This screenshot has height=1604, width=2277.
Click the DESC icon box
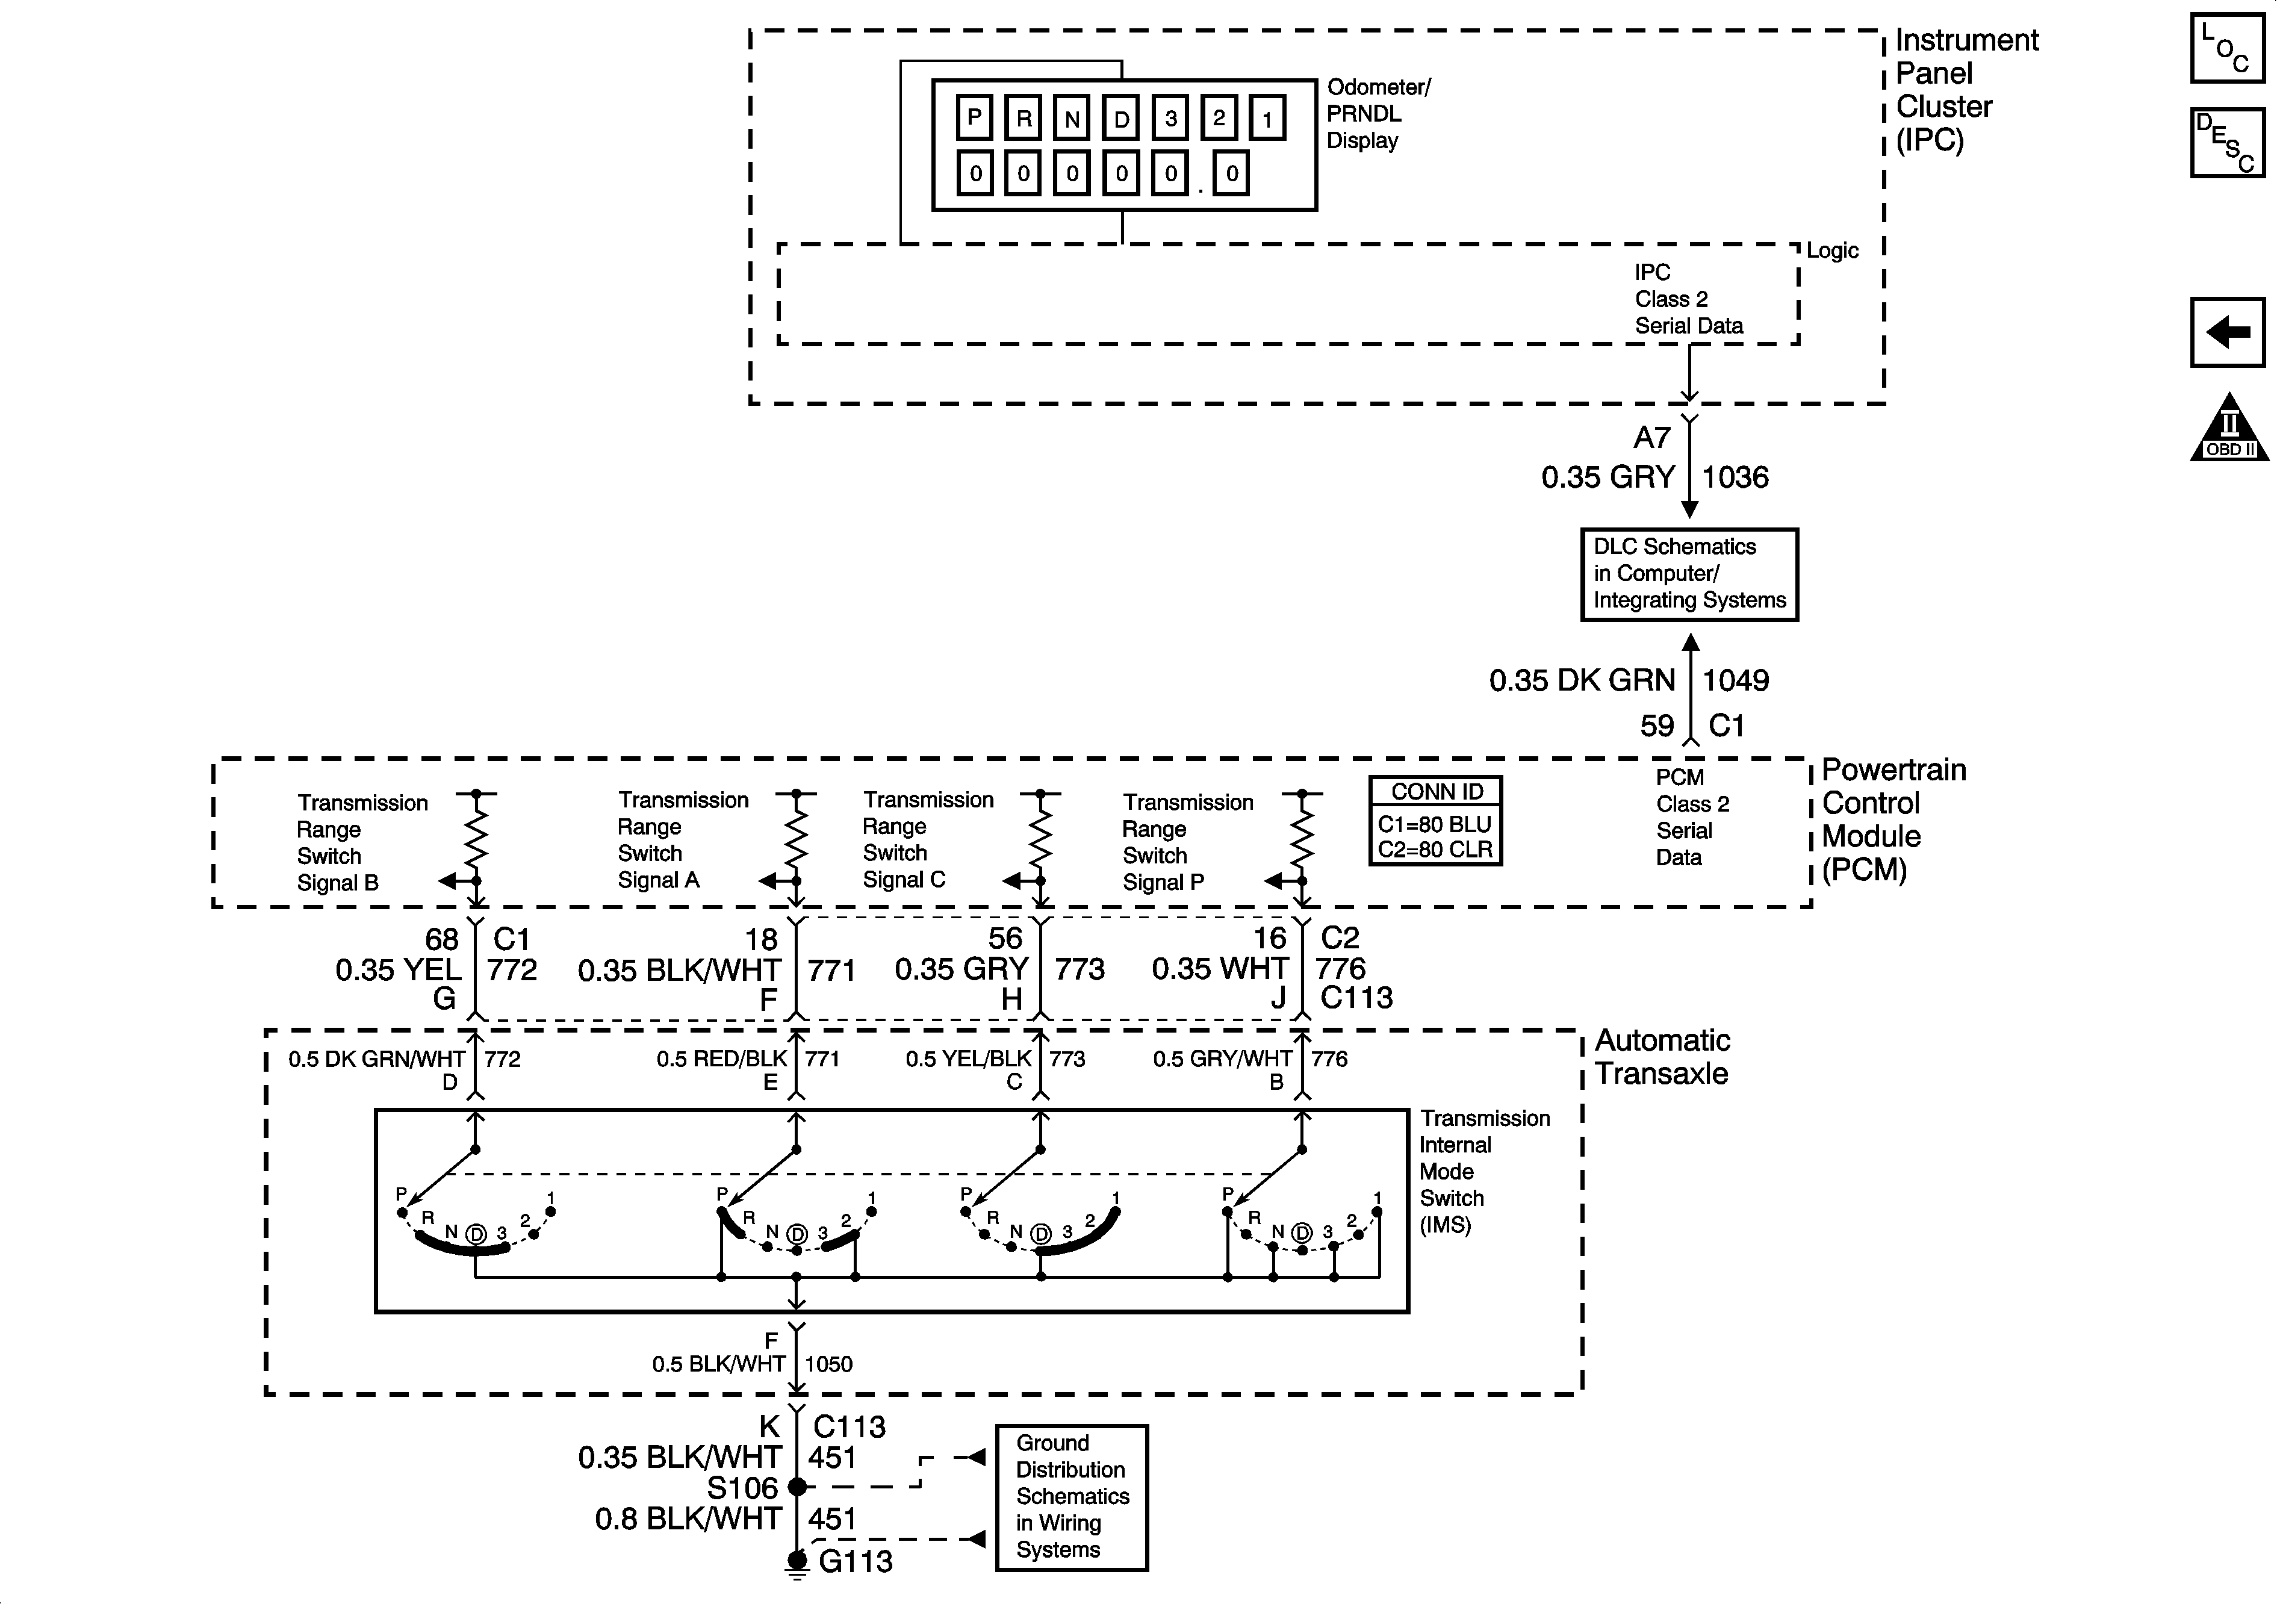2228,143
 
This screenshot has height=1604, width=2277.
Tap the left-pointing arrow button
2228,331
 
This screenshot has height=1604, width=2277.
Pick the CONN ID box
1435,820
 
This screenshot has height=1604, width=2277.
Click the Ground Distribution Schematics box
1071,1497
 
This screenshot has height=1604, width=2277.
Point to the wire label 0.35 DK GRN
1582,680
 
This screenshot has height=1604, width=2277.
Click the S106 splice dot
797,1486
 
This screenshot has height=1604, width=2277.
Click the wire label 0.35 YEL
399,969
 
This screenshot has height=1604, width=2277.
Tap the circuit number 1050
828,1364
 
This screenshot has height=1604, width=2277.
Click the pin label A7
1652,438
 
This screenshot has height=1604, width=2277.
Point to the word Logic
1831,251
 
